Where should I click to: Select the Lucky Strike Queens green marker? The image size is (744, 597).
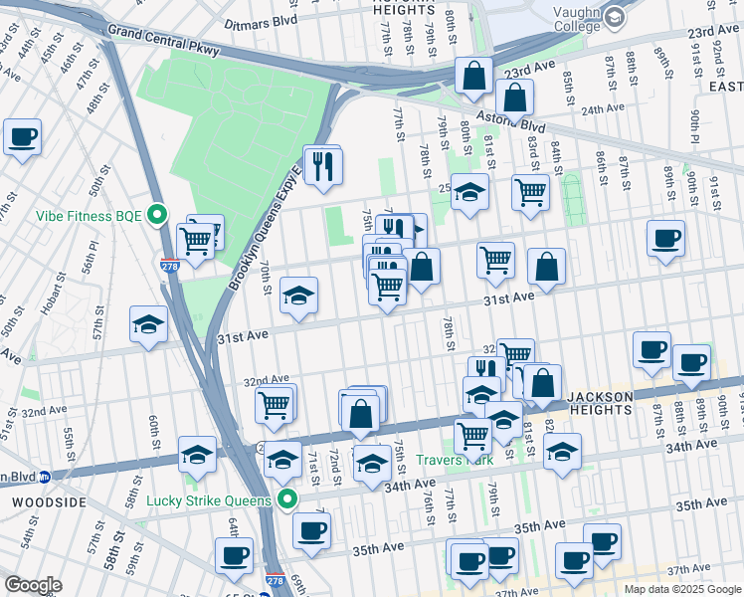pyautogui.click(x=288, y=499)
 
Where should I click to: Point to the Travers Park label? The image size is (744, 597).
pyautogui.click(x=454, y=460)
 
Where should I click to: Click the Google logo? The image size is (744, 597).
pyautogui.click(x=33, y=585)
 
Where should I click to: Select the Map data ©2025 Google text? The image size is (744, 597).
pyautogui.click(x=681, y=589)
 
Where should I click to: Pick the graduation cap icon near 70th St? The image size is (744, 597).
pyautogui.click(x=298, y=296)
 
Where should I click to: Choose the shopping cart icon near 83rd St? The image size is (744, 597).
pyautogui.click(x=531, y=192)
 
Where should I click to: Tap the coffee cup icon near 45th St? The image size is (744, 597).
pyautogui.click(x=22, y=137)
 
